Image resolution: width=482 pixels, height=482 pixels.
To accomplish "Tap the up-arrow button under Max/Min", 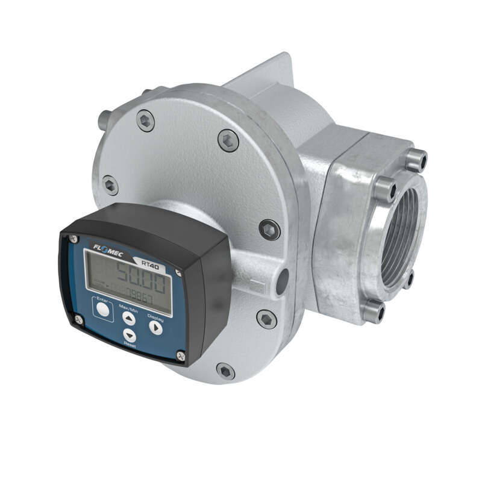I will click(129, 319).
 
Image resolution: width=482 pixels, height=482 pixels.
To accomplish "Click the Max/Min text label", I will click(130, 307).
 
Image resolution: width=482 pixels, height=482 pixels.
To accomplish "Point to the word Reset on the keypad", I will click(129, 345).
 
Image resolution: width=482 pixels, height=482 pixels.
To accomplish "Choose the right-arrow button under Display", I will click(155, 328).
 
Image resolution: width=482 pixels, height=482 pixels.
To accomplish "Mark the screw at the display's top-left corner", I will click(74, 239).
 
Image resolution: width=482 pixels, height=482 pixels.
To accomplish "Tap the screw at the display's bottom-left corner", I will click(78, 320).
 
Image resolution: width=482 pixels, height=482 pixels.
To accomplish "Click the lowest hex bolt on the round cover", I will click(225, 371).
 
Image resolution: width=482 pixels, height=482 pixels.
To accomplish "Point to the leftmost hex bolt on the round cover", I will click(110, 184).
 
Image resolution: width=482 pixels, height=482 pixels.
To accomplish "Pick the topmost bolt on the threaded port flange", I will click(416, 160).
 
